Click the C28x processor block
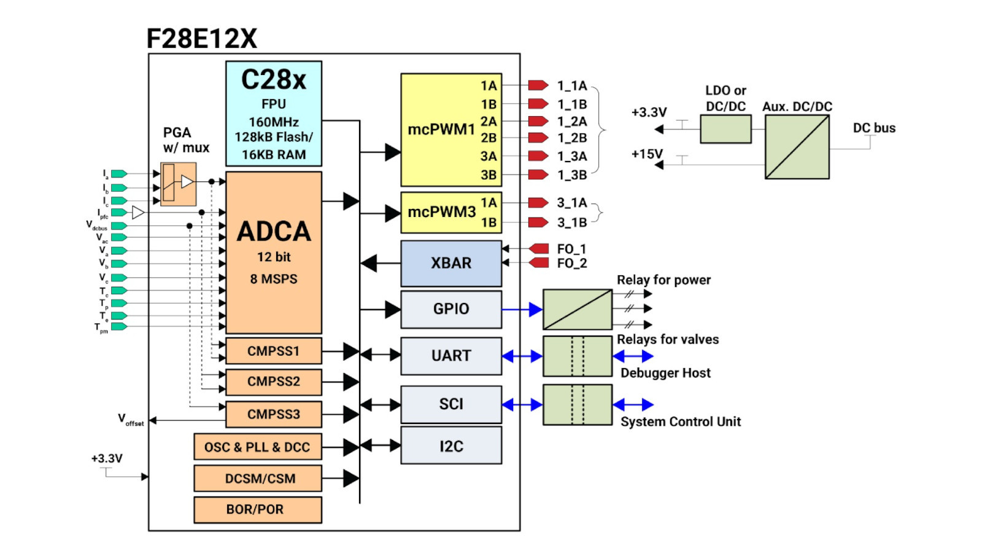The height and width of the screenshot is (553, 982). point(274,114)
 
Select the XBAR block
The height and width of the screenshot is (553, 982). point(451,263)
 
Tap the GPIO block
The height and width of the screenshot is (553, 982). point(451,309)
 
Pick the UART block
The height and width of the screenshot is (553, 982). point(451,356)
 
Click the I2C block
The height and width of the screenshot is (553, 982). point(451,446)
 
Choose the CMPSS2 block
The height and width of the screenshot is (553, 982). point(274,382)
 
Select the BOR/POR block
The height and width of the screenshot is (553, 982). point(258,509)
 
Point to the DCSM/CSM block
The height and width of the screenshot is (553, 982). point(258,478)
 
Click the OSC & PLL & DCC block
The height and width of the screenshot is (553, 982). point(258,447)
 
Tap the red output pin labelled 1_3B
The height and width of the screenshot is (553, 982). point(538,175)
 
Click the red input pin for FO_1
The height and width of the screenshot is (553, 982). point(539,248)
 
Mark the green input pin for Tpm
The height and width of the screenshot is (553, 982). point(119,326)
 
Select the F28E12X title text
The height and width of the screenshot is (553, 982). point(201,39)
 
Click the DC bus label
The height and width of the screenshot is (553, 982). point(874,128)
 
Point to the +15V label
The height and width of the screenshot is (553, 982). point(647,154)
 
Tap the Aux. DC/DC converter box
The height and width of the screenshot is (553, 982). point(797,147)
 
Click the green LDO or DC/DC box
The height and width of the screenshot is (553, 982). point(725,129)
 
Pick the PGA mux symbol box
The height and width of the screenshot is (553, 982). point(178,184)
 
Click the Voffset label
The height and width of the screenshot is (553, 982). point(131,420)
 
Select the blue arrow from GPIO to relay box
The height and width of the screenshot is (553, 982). point(522,309)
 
